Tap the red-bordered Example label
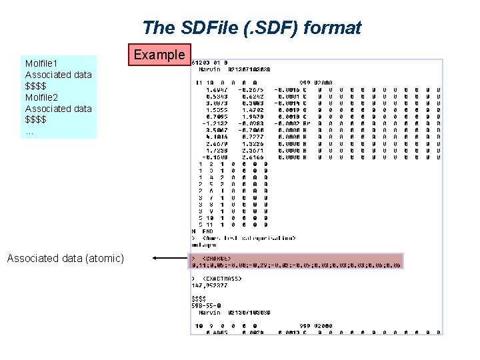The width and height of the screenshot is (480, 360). click(159, 55)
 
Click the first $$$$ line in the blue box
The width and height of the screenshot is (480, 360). click(36, 86)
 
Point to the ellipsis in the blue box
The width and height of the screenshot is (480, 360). click(29, 131)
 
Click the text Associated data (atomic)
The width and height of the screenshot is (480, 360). click(65, 258)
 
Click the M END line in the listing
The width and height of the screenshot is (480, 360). click(203, 231)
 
